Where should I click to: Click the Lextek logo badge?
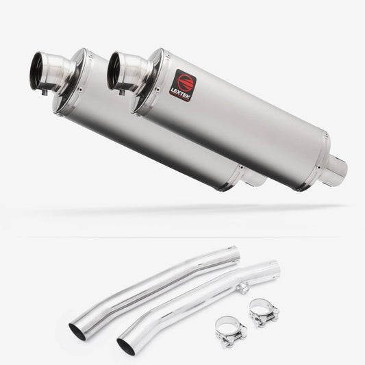click(183, 86)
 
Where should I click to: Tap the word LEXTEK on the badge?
click(180, 94)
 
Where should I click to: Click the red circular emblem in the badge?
click(186, 83)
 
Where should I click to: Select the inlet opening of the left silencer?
click(36, 71)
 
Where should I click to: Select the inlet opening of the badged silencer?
click(114, 71)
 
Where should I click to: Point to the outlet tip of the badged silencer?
click(338, 168)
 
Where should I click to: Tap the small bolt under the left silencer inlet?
click(45, 92)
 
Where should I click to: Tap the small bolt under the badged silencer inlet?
click(122, 92)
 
